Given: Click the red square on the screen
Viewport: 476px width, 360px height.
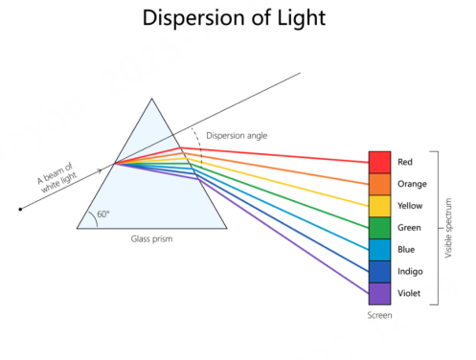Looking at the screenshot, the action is pos(379,163).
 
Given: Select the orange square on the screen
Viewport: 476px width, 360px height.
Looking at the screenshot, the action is pos(379,185).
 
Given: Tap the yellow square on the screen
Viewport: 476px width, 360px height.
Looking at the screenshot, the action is pos(379,206).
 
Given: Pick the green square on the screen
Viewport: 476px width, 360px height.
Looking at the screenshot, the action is pos(379,228).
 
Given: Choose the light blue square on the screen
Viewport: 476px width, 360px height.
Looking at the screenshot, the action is pos(379,250).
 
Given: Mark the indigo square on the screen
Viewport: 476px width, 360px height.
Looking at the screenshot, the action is pos(379,272).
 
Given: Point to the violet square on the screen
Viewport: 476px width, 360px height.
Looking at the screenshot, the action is pos(379,294).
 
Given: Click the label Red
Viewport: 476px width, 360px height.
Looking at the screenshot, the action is pos(405,162).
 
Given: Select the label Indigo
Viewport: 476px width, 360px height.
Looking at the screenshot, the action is pos(410,272).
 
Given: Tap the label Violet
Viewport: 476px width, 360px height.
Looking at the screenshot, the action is pos(409,293).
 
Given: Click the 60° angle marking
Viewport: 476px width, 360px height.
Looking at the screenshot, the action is pos(102,214).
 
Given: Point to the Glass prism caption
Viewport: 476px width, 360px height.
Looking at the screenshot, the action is pos(151,239).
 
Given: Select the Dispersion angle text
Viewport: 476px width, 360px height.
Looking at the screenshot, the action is pos(237,136).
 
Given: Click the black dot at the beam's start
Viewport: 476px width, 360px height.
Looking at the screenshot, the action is pos(20,210).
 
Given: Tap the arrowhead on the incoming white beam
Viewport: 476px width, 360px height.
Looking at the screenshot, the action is pos(100,170).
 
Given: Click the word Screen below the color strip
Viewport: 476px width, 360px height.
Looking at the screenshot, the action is pos(379,315).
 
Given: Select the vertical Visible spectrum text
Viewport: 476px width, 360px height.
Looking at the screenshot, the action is pos(448,228).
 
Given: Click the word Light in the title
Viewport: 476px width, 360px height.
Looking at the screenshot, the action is pos(302,18).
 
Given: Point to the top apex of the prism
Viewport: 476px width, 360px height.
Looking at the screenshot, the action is pos(152,99).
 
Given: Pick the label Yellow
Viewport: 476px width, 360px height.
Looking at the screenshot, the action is pos(410,206).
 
